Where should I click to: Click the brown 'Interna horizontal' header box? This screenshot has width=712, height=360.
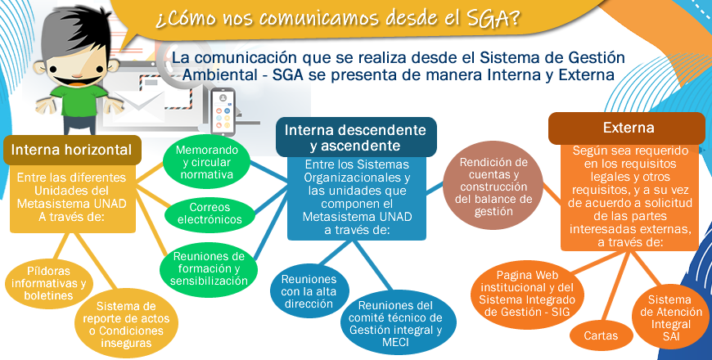point(73,150)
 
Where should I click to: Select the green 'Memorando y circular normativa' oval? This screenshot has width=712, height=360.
point(206,162)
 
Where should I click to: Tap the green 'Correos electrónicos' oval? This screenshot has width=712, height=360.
point(210,214)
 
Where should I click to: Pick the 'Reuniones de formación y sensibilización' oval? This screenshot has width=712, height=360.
point(209,268)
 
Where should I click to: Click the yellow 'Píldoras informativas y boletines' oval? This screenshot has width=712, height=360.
point(49,283)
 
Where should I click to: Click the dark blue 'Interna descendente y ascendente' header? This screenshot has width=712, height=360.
point(355,137)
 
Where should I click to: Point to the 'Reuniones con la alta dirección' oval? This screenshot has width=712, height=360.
point(309,291)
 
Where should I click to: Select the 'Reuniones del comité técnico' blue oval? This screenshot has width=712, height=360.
point(395,323)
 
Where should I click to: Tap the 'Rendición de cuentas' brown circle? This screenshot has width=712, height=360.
point(493,187)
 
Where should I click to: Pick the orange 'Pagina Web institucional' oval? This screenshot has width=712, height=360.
point(527,294)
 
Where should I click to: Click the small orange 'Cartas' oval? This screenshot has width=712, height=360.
point(602,336)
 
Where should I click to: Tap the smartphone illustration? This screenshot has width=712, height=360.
point(223,111)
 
